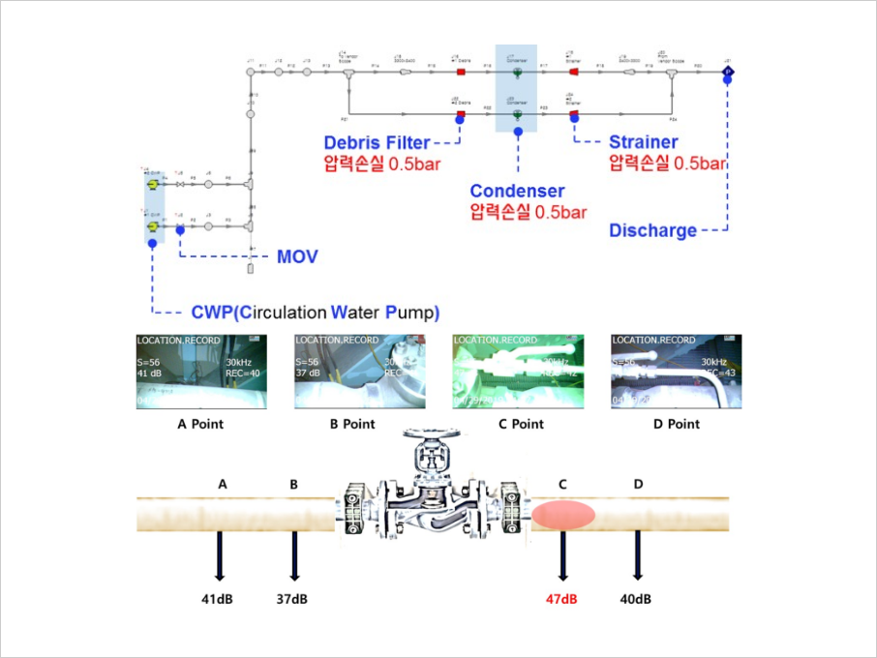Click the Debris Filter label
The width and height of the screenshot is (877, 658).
point(377,143)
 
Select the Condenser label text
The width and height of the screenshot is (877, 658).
point(517,191)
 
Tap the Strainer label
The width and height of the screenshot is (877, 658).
point(643,143)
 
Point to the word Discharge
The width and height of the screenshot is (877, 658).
point(652,230)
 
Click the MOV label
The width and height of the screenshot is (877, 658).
point(297,257)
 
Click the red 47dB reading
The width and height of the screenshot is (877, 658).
point(561,599)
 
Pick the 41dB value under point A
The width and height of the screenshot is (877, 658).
point(217,599)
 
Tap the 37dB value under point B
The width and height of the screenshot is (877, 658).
point(291,599)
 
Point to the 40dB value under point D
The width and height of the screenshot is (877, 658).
point(635,599)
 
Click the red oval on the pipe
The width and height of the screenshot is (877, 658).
point(563,514)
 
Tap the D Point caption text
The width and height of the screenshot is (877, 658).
point(670,424)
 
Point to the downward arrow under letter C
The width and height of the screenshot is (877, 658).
point(562,556)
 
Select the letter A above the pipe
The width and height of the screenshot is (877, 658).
point(224,484)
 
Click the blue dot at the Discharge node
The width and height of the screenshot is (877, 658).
point(728,81)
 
